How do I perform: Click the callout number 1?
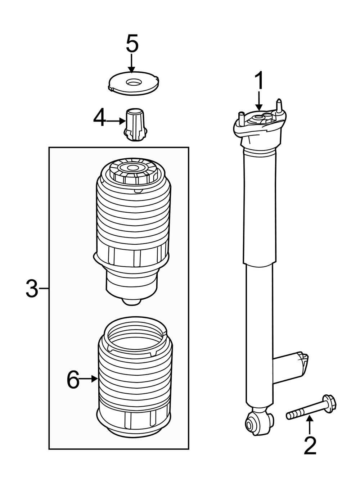pyautogui.click(x=259, y=81)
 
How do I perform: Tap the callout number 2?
pyautogui.click(x=310, y=446)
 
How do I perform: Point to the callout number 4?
pyautogui.click(x=99, y=118)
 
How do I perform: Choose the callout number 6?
pyautogui.click(x=73, y=380)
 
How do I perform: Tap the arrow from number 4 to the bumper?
pyautogui.click(x=115, y=122)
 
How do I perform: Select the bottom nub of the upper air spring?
pyautogui.click(x=132, y=302)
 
